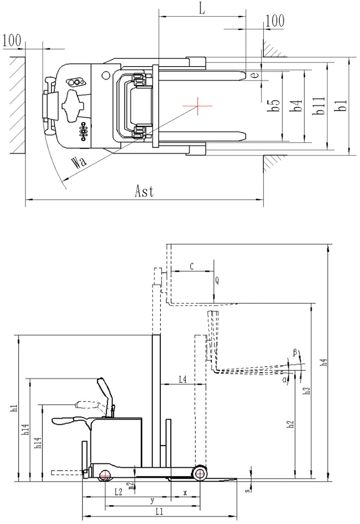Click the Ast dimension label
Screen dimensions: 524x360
[144, 192]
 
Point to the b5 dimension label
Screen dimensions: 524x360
[274, 106]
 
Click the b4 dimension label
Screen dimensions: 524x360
[297, 106]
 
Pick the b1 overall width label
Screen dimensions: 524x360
[341, 106]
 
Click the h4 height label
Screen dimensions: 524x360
[324, 363]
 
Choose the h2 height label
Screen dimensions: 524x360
[290, 425]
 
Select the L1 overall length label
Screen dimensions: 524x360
[159, 512]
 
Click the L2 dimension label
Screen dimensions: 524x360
[118, 492]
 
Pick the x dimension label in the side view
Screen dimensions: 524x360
[185, 493]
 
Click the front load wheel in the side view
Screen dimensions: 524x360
[200, 473]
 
